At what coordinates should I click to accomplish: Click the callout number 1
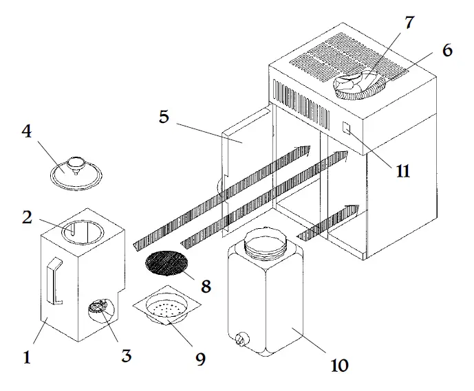click(x=27, y=357)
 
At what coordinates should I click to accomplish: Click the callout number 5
click(x=164, y=116)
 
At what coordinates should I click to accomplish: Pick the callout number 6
click(x=447, y=51)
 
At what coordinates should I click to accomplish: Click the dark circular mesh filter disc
click(x=167, y=264)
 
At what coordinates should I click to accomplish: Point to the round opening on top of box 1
click(x=83, y=230)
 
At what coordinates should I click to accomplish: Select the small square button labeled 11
click(x=347, y=129)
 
